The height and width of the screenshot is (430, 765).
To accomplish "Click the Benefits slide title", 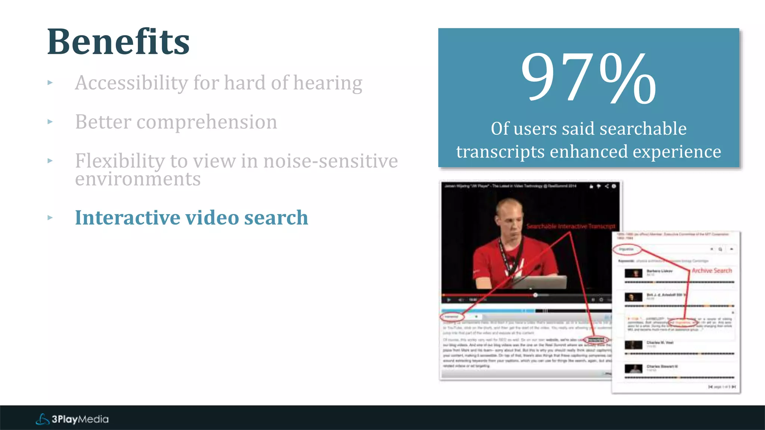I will click(x=118, y=42).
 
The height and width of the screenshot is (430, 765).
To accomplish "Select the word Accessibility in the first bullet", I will click(x=131, y=82).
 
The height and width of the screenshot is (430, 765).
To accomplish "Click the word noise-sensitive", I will click(x=331, y=161).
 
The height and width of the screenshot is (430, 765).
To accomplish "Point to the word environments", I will click(x=138, y=179).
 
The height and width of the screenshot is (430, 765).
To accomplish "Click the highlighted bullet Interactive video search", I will click(x=191, y=218).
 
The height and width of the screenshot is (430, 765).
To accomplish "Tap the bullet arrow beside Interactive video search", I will click(x=50, y=218).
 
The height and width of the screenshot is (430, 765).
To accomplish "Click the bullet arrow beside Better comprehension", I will click(x=50, y=122).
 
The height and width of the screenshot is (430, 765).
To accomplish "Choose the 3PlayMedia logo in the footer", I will click(x=72, y=419).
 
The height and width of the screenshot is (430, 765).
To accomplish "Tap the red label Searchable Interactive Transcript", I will click(x=570, y=226).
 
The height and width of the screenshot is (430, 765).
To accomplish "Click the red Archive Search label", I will click(x=712, y=271).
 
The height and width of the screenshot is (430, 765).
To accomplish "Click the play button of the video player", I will click(x=449, y=300).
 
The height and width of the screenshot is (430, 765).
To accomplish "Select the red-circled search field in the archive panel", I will click(x=627, y=249).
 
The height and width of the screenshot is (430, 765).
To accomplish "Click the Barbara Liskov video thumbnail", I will click(x=634, y=273).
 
